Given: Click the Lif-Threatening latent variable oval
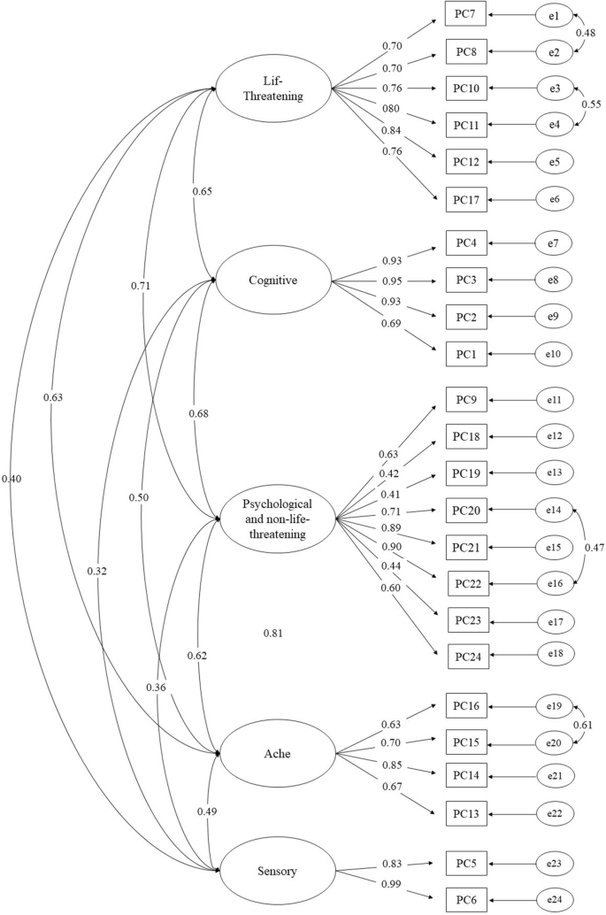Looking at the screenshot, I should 274,88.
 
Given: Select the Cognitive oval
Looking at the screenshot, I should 273,281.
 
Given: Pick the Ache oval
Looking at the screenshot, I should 273,753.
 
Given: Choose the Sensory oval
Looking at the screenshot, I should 273,872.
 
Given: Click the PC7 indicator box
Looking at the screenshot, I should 464,14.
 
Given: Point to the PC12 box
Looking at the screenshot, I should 464,164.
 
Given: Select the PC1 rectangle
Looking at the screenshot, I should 464,355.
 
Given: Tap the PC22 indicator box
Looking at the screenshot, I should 466,584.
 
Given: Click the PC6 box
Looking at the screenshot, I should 464,900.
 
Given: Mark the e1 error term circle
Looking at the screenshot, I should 554,14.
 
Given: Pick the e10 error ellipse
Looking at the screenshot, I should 554,355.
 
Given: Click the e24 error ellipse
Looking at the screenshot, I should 554,900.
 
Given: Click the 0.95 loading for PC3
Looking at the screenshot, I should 392,282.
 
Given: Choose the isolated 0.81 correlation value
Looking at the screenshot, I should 273,633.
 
